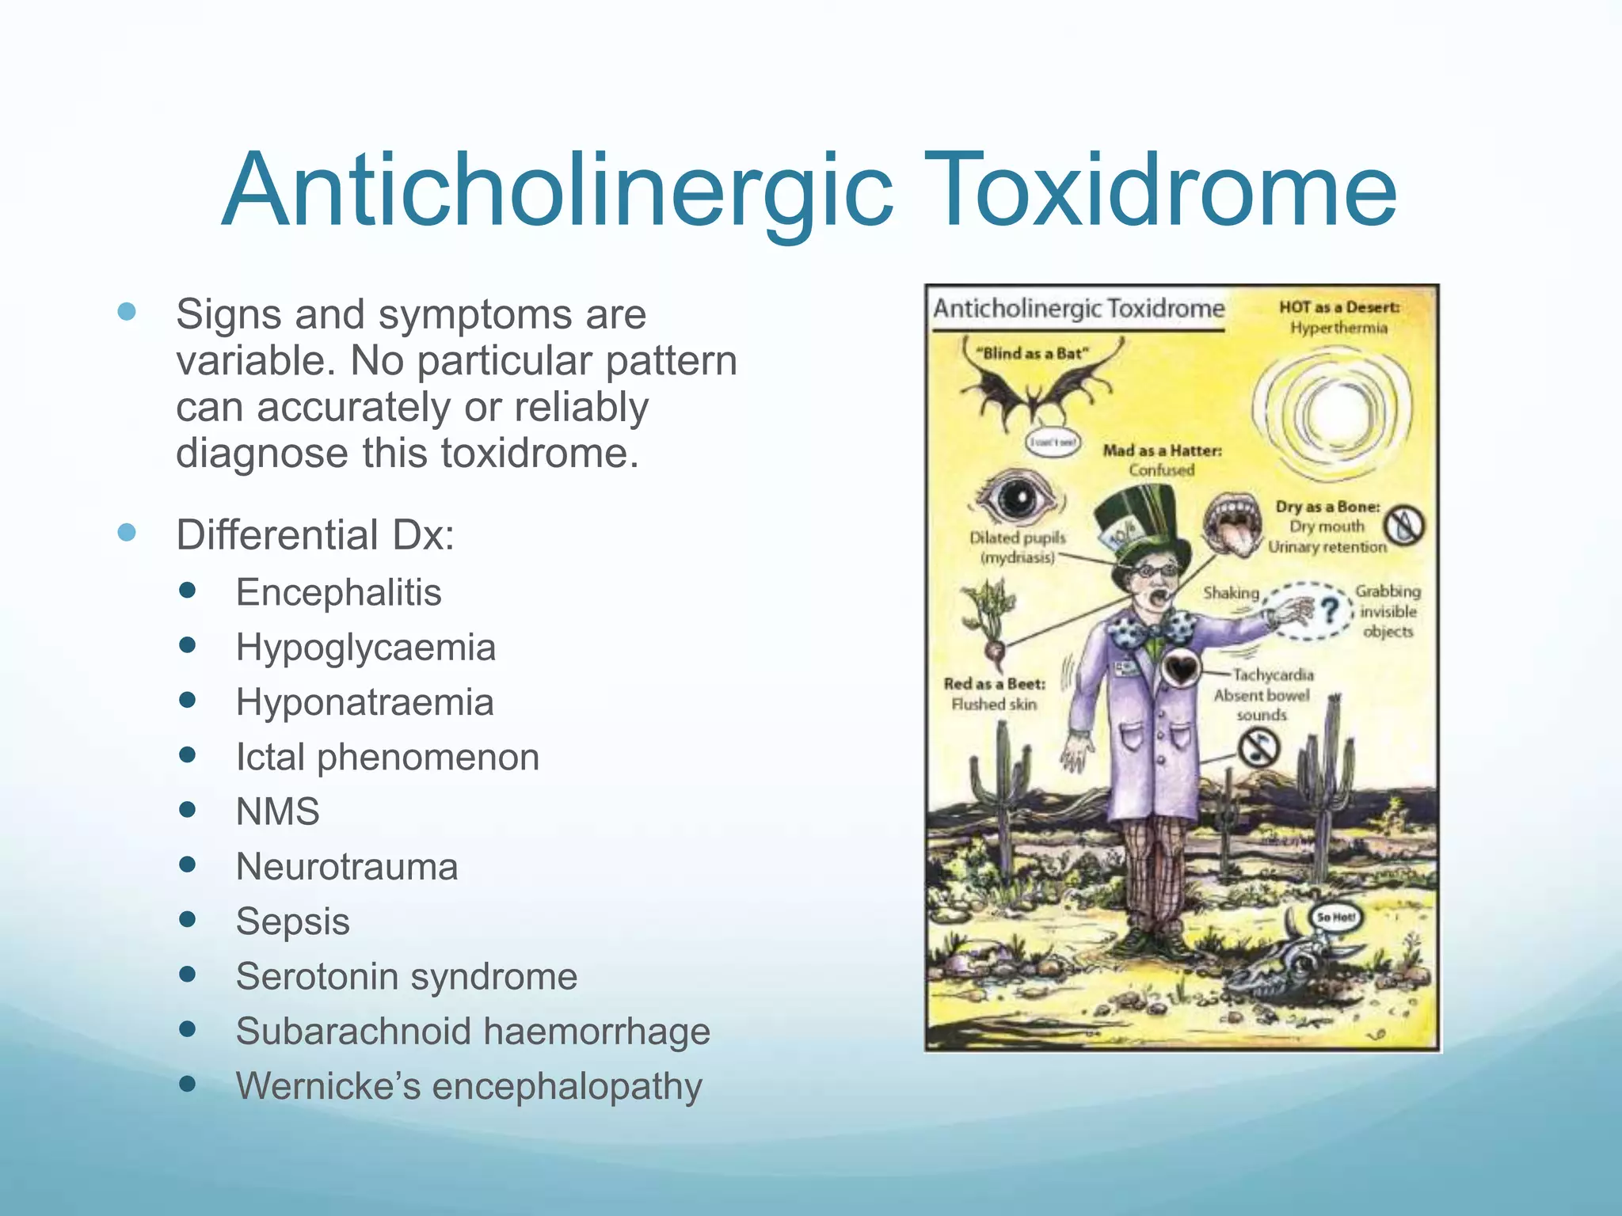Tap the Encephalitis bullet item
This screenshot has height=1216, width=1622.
[338, 592]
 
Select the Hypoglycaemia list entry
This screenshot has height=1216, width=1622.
[365, 648]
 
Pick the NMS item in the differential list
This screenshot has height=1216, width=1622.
[277, 811]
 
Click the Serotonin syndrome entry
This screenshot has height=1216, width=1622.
[406, 976]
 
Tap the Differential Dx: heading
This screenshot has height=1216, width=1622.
[315, 534]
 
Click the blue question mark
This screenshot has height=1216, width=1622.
[1330, 610]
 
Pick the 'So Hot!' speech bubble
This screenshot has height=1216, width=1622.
[1335, 917]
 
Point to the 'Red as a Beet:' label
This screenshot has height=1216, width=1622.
[994, 683]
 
